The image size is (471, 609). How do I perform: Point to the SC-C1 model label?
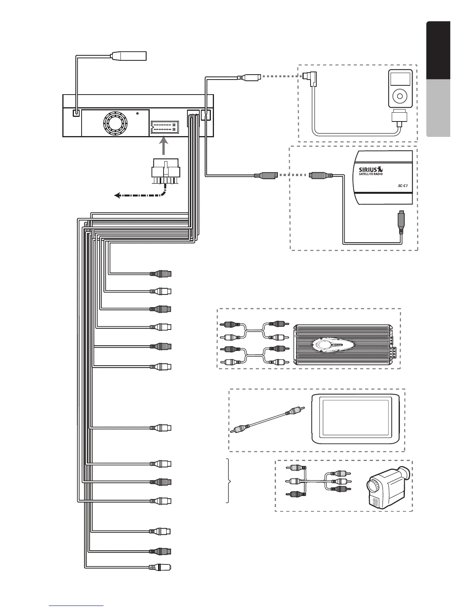click(x=402, y=185)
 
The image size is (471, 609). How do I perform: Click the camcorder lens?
click(x=374, y=486)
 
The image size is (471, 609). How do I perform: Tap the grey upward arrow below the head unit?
click(x=164, y=147)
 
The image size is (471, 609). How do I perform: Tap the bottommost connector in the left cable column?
click(x=160, y=567)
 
